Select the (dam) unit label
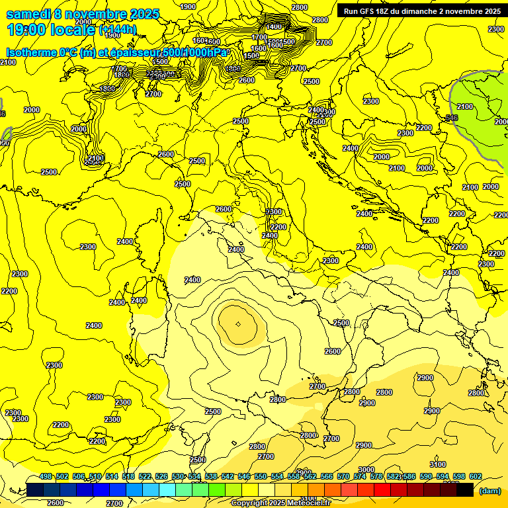(x=489, y=491)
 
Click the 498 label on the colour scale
(x=46, y=477)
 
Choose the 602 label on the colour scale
(x=476, y=477)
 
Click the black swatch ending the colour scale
(x=464, y=489)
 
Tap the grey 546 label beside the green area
(x=452, y=118)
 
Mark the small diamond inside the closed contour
(x=238, y=323)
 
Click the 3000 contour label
(x=366, y=470)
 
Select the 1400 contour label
(x=274, y=26)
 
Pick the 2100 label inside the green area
(x=465, y=106)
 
